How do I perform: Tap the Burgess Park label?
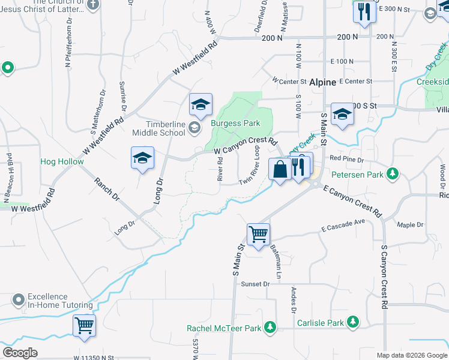point(235,123)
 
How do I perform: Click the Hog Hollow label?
point(62,161)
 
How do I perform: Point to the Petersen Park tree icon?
point(392,175)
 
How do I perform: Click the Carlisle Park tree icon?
point(354,323)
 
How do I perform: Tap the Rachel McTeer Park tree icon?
point(271,328)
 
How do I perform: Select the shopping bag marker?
point(280,169)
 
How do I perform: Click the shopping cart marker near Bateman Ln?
point(258,235)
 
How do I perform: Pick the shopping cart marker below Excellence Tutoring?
point(85,326)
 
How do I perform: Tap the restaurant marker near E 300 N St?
point(364,12)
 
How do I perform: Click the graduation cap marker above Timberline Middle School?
point(201,105)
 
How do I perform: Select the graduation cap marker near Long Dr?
point(143,158)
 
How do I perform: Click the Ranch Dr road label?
point(107,188)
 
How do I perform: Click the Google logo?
point(20,353)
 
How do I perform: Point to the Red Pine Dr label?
point(343,158)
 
